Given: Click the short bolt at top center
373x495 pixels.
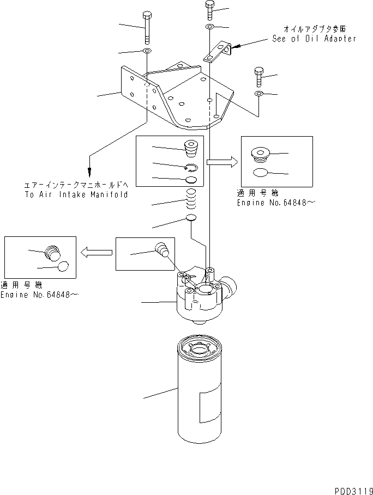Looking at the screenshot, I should click(210, 10).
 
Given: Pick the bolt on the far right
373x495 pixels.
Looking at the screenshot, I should click(258, 77).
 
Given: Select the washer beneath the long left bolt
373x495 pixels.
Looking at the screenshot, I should click(147, 52).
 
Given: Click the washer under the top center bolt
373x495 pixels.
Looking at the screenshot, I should click(210, 27).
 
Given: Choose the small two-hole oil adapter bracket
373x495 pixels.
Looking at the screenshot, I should click(217, 53).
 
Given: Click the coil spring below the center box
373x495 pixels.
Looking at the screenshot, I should click(191, 200).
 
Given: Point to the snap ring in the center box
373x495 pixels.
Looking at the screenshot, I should click(191, 168).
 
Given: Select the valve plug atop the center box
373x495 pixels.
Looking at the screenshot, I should click(191, 149).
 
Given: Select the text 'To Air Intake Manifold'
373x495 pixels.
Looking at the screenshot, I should click(76, 194).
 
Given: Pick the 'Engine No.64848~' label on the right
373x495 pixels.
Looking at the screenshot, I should click(276, 203).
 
